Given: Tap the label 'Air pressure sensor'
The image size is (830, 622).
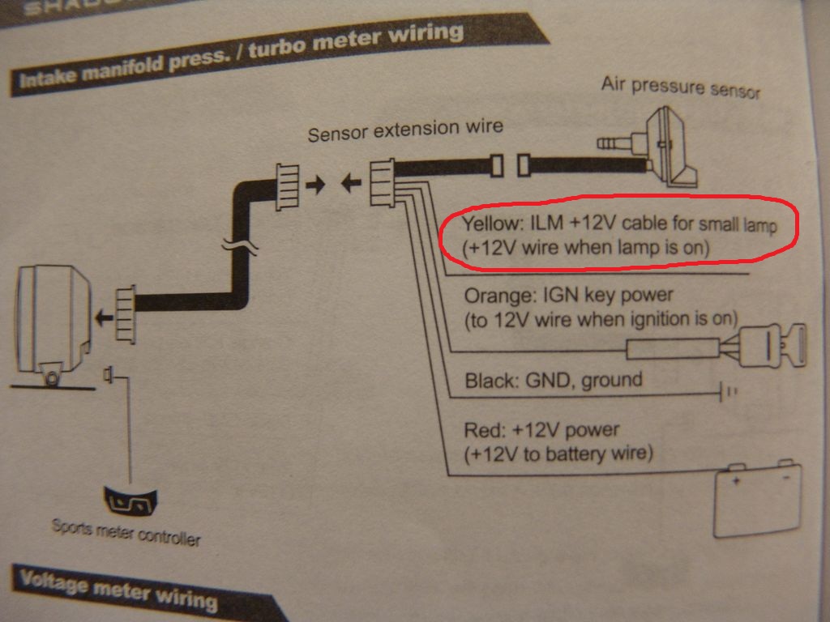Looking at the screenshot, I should tap(680, 86).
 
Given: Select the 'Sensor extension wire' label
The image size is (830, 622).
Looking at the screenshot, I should tap(404, 129).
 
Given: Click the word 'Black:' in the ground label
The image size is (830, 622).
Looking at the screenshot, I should tap(488, 381).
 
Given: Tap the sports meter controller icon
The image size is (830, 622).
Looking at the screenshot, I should tap(130, 499).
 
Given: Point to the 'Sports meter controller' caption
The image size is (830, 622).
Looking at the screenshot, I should tap(126, 531).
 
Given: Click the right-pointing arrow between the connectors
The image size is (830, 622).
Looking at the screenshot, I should tap(316, 185).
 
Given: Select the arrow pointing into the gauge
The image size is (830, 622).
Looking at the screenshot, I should tap(103, 318).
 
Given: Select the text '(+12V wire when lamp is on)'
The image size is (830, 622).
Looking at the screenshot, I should tap(585, 247).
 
